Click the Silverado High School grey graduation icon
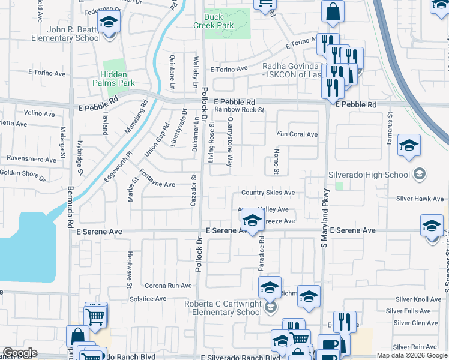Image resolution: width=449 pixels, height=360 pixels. point(420,175)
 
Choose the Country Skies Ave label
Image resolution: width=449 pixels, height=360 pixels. point(268,193)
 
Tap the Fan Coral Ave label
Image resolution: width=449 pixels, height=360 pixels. point(297,134)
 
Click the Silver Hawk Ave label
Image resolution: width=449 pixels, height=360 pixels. point(419,199)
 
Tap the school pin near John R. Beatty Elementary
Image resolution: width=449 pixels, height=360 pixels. point(109,23)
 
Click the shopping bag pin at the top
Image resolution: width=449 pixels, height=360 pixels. point(332,11)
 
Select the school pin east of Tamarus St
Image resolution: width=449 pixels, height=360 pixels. point(409,145)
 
